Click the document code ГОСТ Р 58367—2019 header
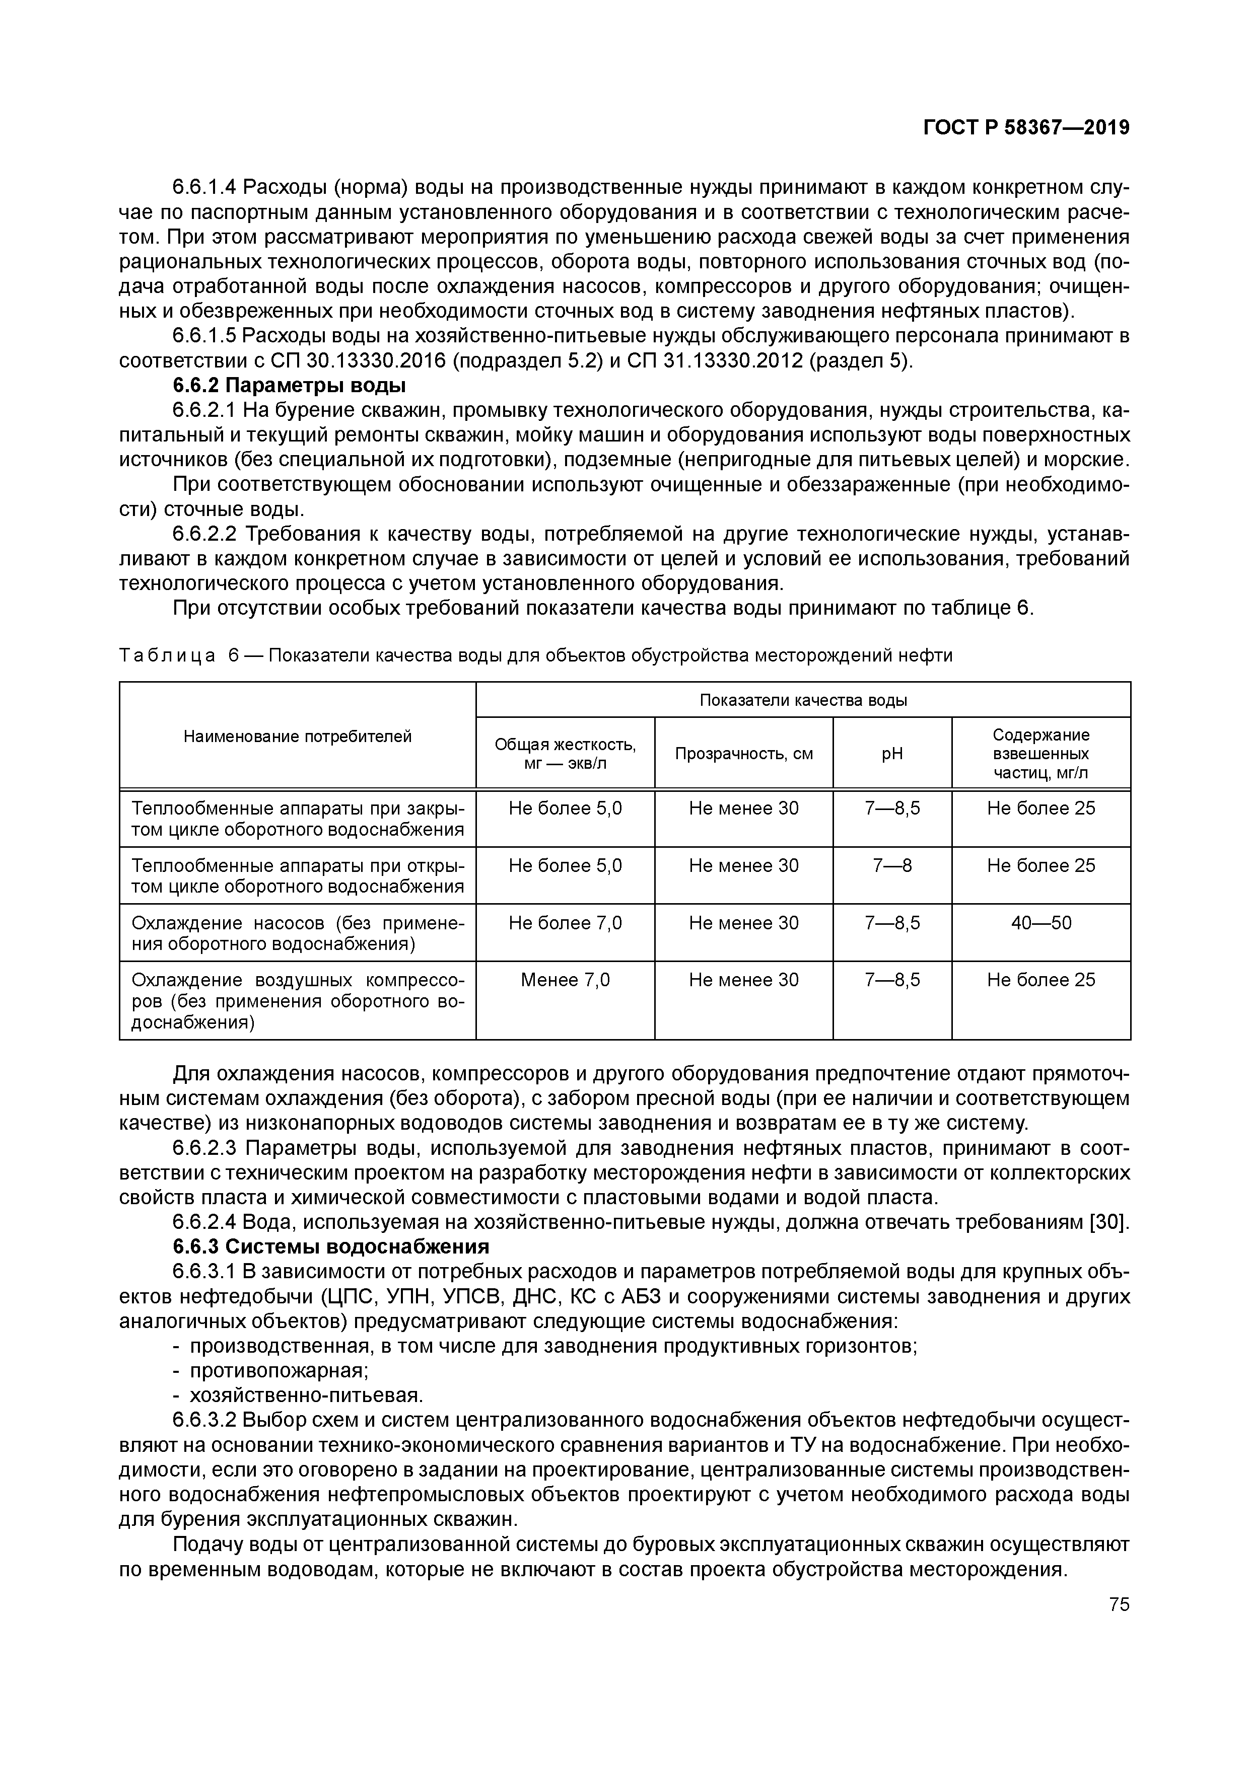1026,128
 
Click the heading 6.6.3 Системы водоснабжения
330,1247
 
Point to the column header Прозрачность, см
743,754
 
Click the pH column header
892,754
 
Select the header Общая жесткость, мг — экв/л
565,754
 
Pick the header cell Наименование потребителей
297,737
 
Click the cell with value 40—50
1040,923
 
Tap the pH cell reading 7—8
892,866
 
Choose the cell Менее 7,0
565,980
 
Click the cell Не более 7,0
565,923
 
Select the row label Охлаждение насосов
297,933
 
